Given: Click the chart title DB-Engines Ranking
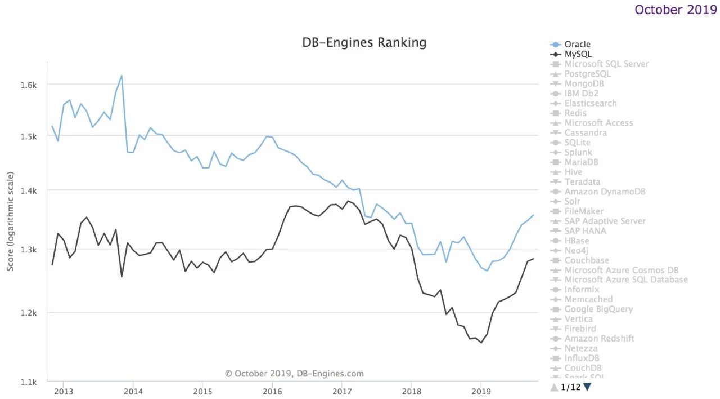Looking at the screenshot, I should (x=364, y=42).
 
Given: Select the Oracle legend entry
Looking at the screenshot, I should (x=577, y=45).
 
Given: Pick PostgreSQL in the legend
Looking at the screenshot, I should (x=587, y=74).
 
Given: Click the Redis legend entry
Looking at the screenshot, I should (x=575, y=113).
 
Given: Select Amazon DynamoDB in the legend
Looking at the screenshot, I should (x=597, y=192).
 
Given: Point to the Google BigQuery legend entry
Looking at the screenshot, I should (x=598, y=309).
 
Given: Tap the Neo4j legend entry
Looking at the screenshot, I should (x=577, y=250).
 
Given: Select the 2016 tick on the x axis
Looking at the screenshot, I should (x=272, y=391).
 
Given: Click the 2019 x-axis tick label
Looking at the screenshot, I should (x=481, y=391).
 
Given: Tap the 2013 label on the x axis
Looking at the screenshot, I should (x=64, y=391).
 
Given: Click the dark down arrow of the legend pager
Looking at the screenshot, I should (x=587, y=387).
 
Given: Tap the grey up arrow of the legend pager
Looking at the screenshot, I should (x=554, y=387).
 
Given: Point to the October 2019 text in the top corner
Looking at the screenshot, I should (x=676, y=10).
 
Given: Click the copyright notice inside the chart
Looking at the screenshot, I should (x=294, y=373).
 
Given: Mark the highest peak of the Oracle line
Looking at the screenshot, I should (x=121, y=76).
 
